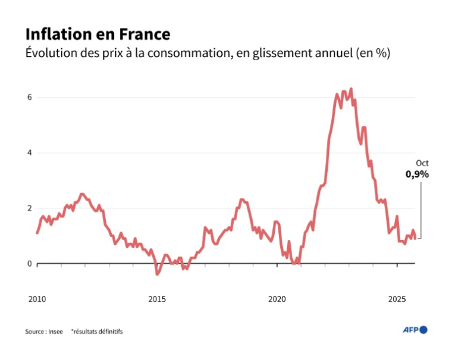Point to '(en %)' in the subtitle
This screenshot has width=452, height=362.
coord(372,53)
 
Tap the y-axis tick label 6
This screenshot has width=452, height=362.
coord(29,97)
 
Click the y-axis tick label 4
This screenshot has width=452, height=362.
coord(29,152)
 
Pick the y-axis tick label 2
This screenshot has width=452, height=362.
coord(29,208)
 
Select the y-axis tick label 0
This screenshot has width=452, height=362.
coord(29,263)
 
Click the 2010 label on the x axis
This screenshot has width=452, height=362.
coord(37,298)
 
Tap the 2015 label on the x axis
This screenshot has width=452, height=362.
coord(157,298)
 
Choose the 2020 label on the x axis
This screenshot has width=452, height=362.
coord(277,298)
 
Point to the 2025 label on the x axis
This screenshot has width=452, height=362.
coord(397,298)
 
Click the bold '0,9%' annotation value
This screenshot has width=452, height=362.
coord(417,174)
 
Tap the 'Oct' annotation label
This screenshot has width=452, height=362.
coord(422,163)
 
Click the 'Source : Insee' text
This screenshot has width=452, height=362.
coord(43,331)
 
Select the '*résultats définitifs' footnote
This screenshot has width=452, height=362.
coord(96,331)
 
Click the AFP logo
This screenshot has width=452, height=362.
coord(415,330)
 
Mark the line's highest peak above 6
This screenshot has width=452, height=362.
coord(351,89)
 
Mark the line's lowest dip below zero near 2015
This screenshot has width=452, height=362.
coord(158,274)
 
